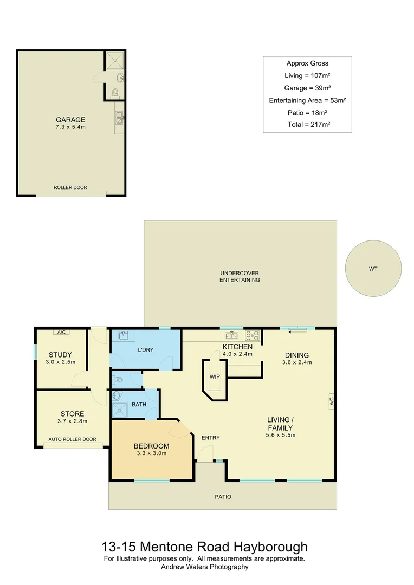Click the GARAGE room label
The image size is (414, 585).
tap(70, 120)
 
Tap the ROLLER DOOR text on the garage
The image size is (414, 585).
tap(70, 187)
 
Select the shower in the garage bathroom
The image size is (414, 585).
tap(114, 61)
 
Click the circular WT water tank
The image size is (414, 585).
tap(373, 268)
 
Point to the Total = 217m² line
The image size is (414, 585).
tap(307, 124)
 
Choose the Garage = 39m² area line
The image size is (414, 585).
tap(307, 88)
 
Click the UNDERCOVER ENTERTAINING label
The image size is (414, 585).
tap(240, 276)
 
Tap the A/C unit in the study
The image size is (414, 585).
tap(61, 332)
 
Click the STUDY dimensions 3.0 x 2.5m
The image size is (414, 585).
tap(60, 362)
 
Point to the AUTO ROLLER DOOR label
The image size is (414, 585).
tap(73, 439)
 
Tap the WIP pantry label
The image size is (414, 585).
tap(214, 376)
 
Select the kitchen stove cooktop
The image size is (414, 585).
tap(253, 335)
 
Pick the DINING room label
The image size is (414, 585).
tap(297, 355)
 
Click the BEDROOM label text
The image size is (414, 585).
tap(151, 446)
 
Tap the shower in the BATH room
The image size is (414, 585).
tap(119, 410)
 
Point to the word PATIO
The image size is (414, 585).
tap(223, 496)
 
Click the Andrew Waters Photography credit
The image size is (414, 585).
tap(204, 567)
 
